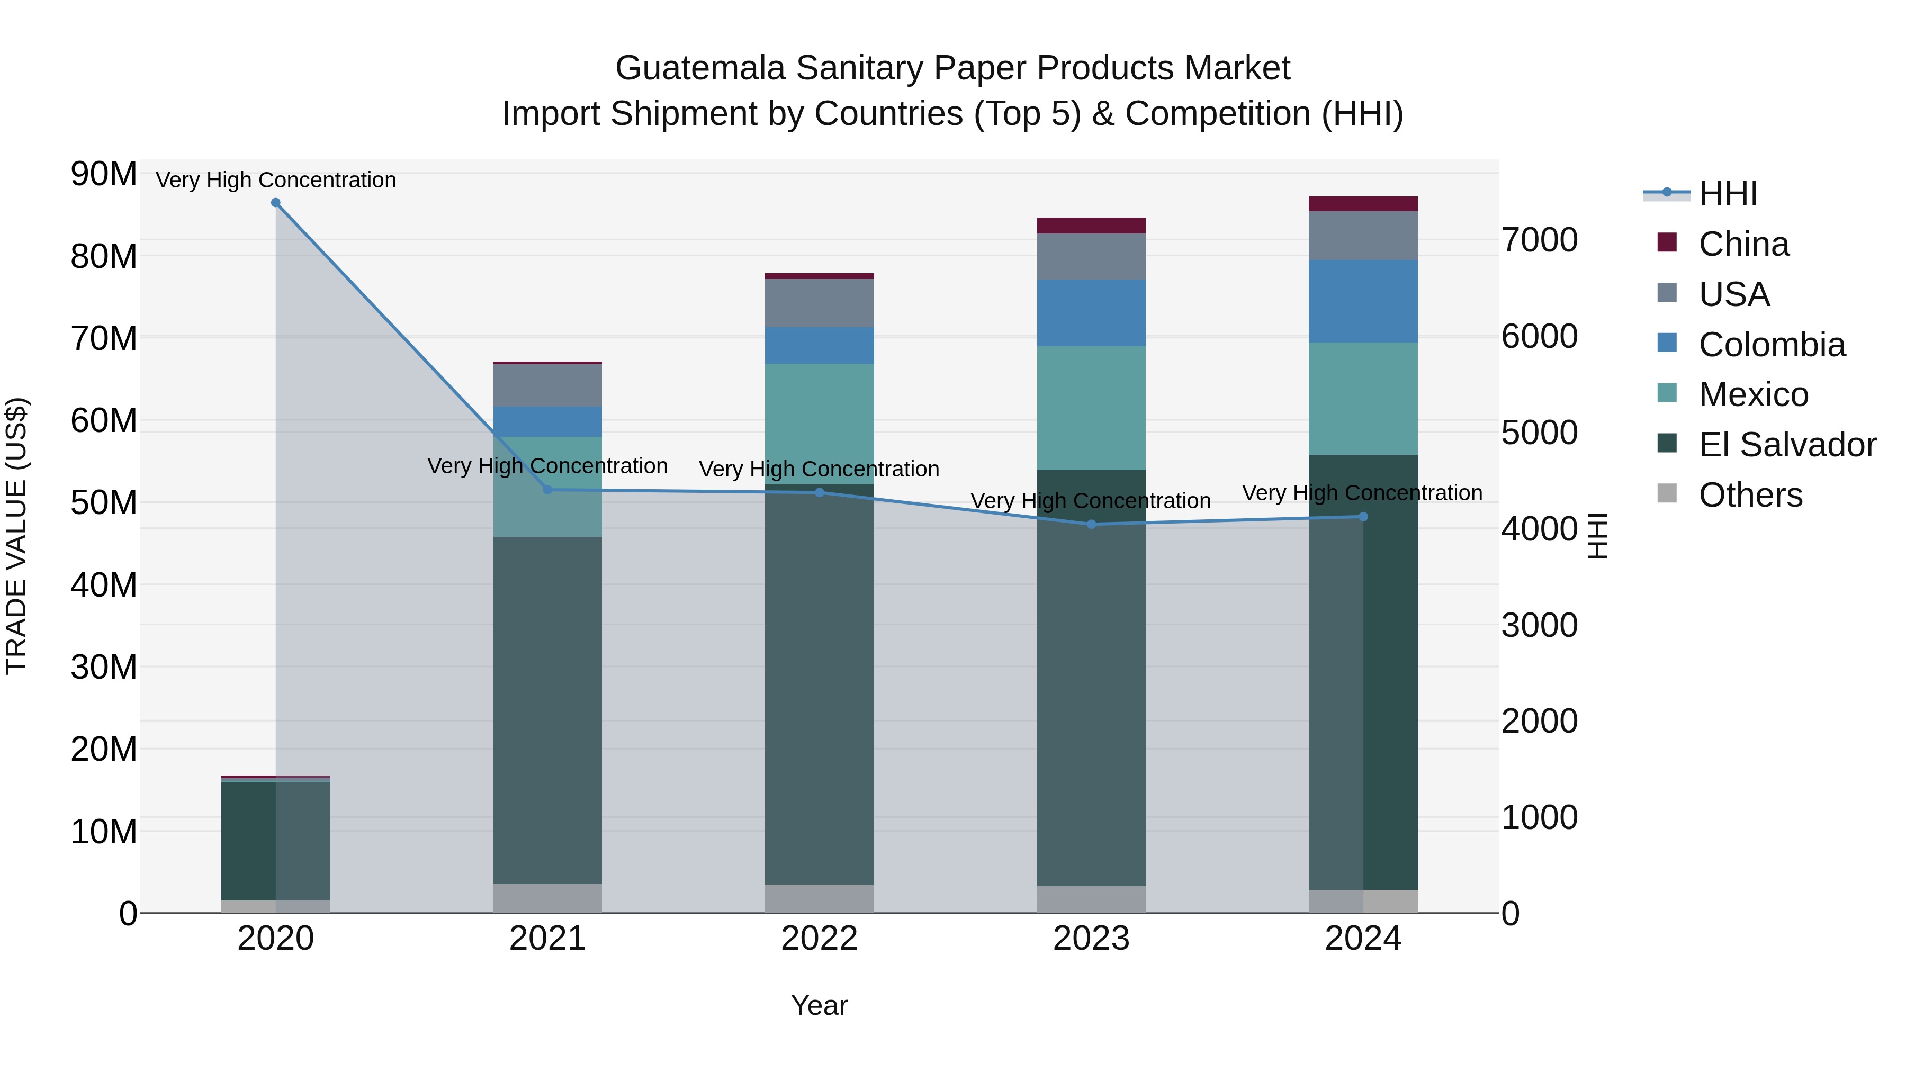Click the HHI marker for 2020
tap(276, 203)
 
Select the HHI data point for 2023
tap(1091, 525)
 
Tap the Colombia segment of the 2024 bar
tap(1363, 301)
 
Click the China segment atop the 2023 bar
tap(1091, 226)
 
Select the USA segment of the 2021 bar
tap(547, 385)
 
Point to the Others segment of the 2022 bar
tap(819, 898)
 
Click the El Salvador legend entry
tap(1786, 445)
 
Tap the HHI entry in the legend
tap(1727, 194)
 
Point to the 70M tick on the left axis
tap(104, 339)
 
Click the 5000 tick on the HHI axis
tap(1540, 433)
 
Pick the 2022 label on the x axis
tap(819, 939)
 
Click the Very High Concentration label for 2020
tap(276, 180)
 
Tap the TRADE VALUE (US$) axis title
tap(17, 536)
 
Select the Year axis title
tap(819, 1005)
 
